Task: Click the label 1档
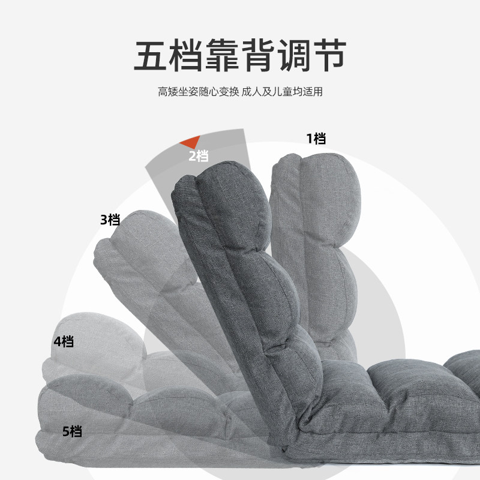pyautogui.click(x=316, y=139)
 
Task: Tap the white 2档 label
pyautogui.click(x=199, y=156)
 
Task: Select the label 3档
pyautogui.click(x=110, y=220)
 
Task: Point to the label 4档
pyautogui.click(x=64, y=342)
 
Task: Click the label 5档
pyautogui.click(x=72, y=431)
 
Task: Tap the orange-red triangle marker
pyautogui.click(x=191, y=142)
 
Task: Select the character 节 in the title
pyautogui.click(x=328, y=56)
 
